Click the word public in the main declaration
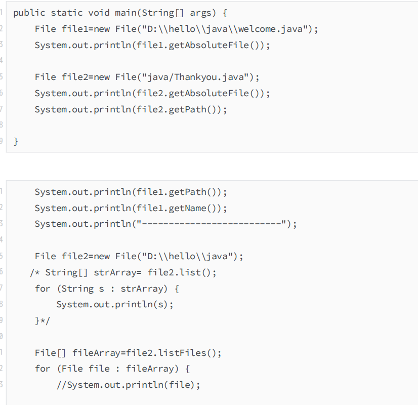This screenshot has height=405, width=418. [x=29, y=13]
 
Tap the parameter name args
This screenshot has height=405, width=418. [x=201, y=13]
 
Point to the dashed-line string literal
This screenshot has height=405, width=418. [x=212, y=224]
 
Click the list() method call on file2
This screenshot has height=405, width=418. [x=198, y=272]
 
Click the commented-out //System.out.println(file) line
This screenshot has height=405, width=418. [x=128, y=385]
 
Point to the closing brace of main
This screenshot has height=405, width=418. [x=16, y=142]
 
